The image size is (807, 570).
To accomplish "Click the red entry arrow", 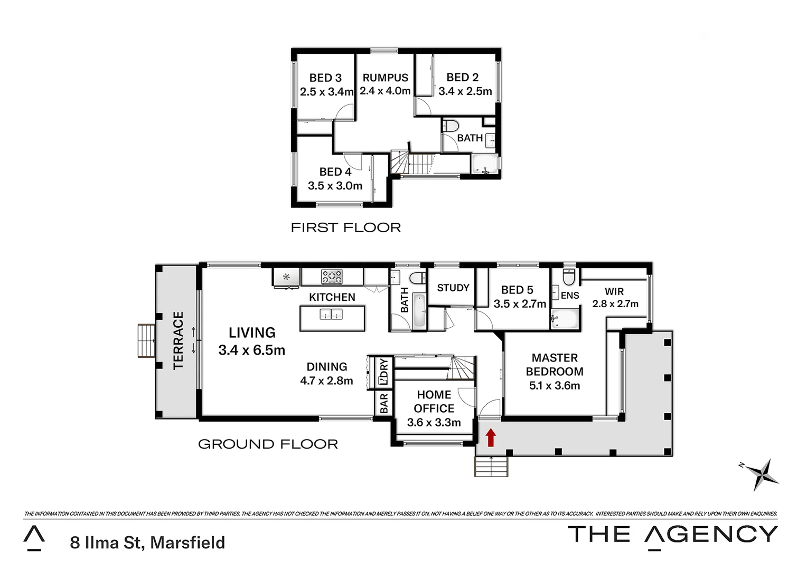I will click(x=491, y=437).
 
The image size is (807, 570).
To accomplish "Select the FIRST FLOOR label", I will click(x=346, y=227).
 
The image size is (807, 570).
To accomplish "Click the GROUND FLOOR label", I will click(x=268, y=444).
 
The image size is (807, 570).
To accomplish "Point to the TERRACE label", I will click(x=179, y=340).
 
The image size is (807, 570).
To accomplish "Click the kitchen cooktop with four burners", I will click(x=332, y=277).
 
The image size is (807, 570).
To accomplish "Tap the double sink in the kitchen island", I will click(x=331, y=315).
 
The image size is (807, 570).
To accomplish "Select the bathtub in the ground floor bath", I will click(x=418, y=311).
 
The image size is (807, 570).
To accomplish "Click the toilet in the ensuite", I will click(x=569, y=275).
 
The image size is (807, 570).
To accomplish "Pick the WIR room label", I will click(x=614, y=291).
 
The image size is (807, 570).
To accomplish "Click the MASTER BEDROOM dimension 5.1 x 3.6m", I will click(x=555, y=386).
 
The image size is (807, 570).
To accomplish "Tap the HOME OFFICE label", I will click(x=434, y=402).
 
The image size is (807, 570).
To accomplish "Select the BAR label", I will click(x=384, y=403).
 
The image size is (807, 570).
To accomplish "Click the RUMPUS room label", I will click(x=385, y=78).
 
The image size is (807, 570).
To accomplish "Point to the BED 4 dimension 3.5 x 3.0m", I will click(x=335, y=186).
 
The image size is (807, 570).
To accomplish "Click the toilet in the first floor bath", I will click(x=451, y=127).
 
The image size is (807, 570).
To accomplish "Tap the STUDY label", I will click(x=453, y=288).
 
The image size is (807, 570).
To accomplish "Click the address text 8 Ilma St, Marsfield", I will click(x=147, y=543).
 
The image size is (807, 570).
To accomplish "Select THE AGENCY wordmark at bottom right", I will click(x=672, y=535).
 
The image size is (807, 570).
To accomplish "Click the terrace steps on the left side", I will click(x=146, y=341).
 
